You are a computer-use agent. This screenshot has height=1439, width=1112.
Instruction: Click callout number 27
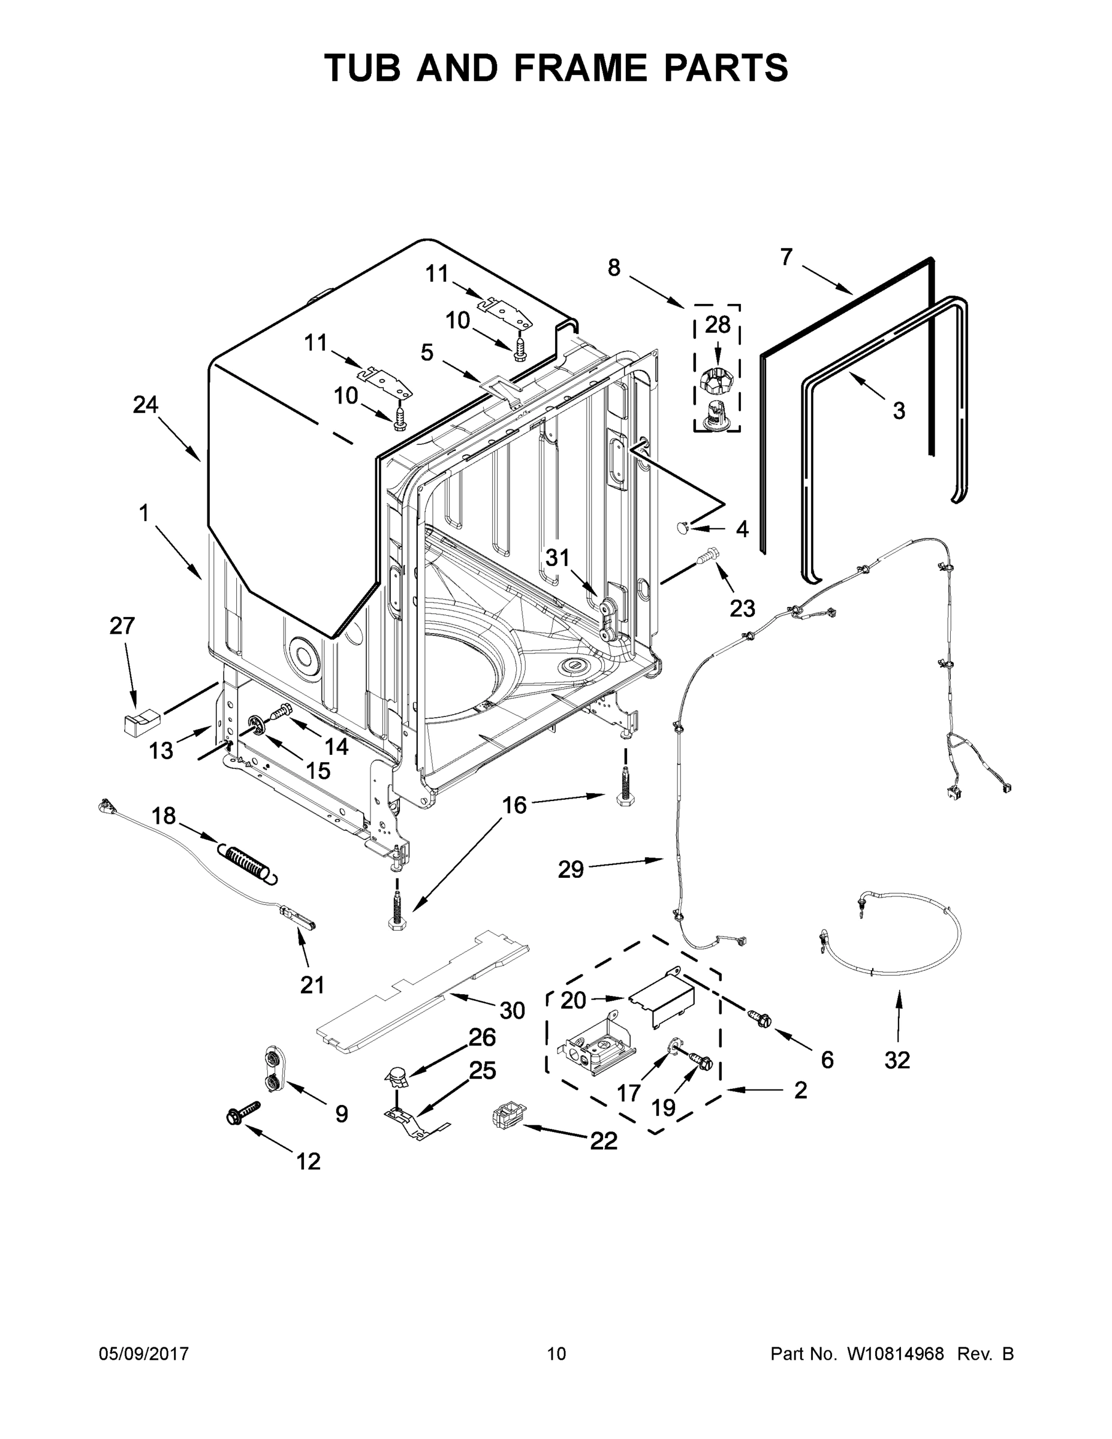[x=122, y=625]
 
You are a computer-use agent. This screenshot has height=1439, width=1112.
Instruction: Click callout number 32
[x=897, y=1059]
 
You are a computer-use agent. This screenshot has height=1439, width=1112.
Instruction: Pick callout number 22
[x=604, y=1140]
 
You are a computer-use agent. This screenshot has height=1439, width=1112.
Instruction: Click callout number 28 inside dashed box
[x=718, y=324]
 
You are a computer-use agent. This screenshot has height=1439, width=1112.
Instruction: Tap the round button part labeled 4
[x=682, y=526]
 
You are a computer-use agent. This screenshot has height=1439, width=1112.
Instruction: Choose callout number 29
[x=571, y=870]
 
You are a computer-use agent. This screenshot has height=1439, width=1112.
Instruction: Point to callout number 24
[x=146, y=405]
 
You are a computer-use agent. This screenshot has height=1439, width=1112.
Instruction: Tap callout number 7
[x=786, y=257]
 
